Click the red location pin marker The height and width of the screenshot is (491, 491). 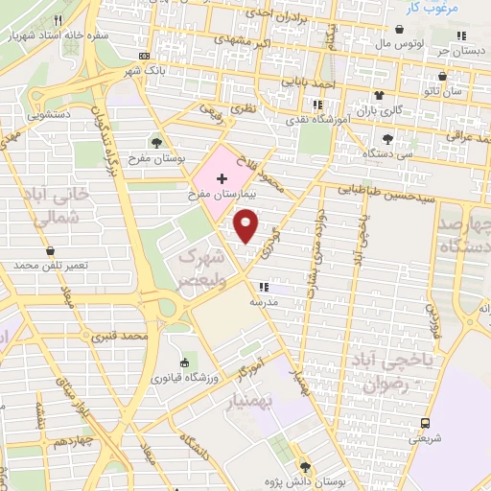click(x=247, y=227)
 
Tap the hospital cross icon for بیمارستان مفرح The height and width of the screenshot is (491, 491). click(x=222, y=179)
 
